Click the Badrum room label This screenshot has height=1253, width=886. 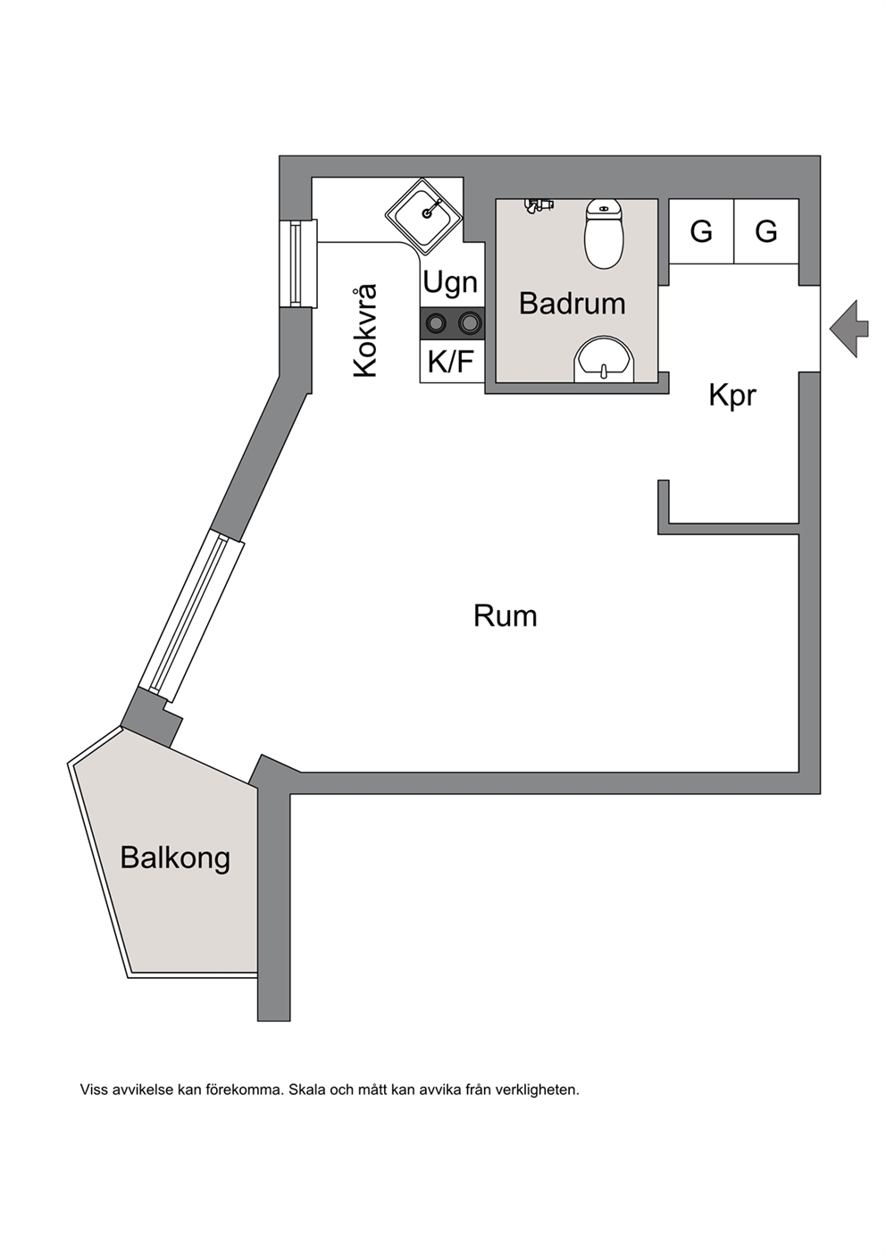(x=572, y=303)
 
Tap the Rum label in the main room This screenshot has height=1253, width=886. (x=506, y=616)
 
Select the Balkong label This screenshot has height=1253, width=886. (x=175, y=858)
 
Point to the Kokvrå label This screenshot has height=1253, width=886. (x=365, y=330)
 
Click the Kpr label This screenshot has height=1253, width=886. (x=732, y=397)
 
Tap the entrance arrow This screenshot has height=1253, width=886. (x=848, y=329)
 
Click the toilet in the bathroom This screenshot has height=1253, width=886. (x=604, y=233)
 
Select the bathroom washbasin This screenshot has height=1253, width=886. (x=605, y=360)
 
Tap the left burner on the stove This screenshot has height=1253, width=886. (x=436, y=322)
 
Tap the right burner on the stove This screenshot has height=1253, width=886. (x=469, y=322)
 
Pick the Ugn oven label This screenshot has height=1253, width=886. (x=450, y=282)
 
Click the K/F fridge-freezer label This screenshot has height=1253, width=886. (x=451, y=362)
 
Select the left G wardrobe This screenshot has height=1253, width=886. (x=701, y=231)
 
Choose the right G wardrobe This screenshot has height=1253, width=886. (x=766, y=231)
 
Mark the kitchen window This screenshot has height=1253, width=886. (x=298, y=263)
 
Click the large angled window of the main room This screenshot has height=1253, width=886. (x=191, y=617)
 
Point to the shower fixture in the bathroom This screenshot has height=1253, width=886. (x=539, y=205)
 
